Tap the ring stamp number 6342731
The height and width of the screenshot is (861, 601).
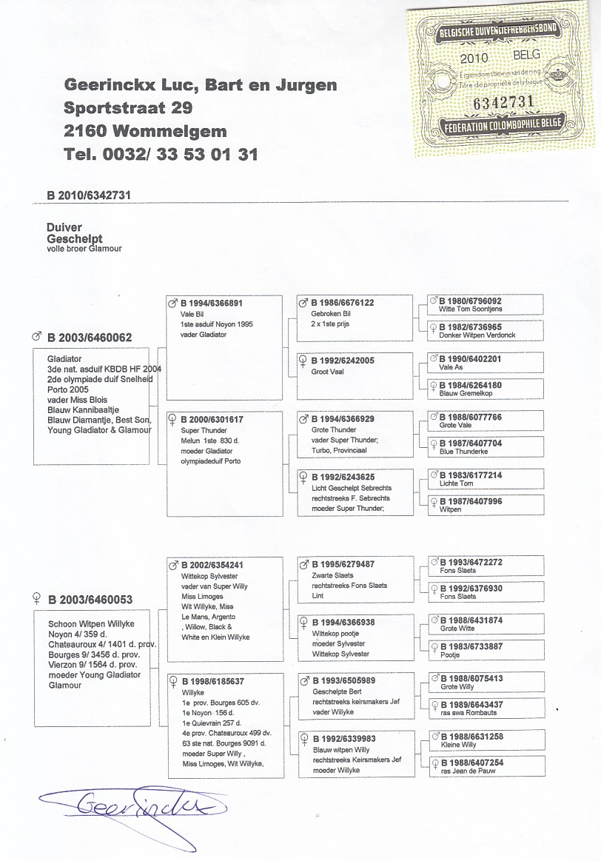tap(503, 101)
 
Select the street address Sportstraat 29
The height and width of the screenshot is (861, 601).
tap(128, 107)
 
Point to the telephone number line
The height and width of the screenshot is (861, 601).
tap(161, 154)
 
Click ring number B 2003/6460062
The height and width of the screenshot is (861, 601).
tap(90, 338)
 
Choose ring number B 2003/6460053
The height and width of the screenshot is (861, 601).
tap(90, 599)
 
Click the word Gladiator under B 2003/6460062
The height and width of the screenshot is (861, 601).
tap(64, 358)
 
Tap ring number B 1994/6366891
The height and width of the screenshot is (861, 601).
tap(211, 303)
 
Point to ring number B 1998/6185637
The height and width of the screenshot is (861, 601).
tap(212, 681)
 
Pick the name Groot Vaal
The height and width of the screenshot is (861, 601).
tap(328, 372)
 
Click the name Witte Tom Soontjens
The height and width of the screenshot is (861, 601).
tap(471, 309)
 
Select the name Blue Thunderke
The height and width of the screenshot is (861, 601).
tap(466, 452)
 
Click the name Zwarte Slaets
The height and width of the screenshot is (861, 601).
tap(333, 575)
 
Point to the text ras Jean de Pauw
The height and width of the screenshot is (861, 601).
tap(468, 771)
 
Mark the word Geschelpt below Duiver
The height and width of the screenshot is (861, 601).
tap(74, 239)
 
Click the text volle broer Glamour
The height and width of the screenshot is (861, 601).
tap(84, 249)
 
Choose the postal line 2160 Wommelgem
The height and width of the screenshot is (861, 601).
tap(145, 131)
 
